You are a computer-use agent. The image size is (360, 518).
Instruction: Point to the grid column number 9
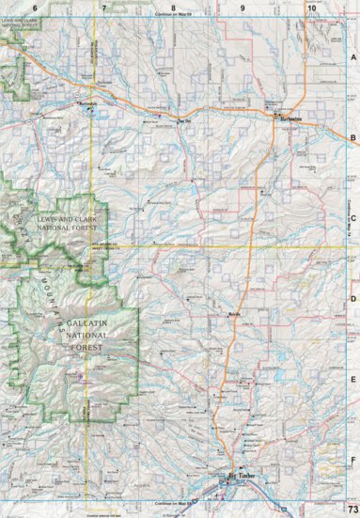coord(243,8)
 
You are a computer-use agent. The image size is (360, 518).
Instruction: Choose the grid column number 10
coord(311,8)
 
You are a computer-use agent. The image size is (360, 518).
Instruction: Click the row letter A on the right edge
coord(353,57)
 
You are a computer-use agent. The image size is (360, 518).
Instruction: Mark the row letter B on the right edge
coord(353,138)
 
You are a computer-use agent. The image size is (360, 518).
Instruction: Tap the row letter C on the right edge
coord(353,219)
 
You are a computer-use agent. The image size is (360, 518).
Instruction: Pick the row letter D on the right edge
coord(353,300)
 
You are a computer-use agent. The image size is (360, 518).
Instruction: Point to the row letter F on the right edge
coord(353,461)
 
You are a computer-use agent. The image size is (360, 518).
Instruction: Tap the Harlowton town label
coord(285,119)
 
